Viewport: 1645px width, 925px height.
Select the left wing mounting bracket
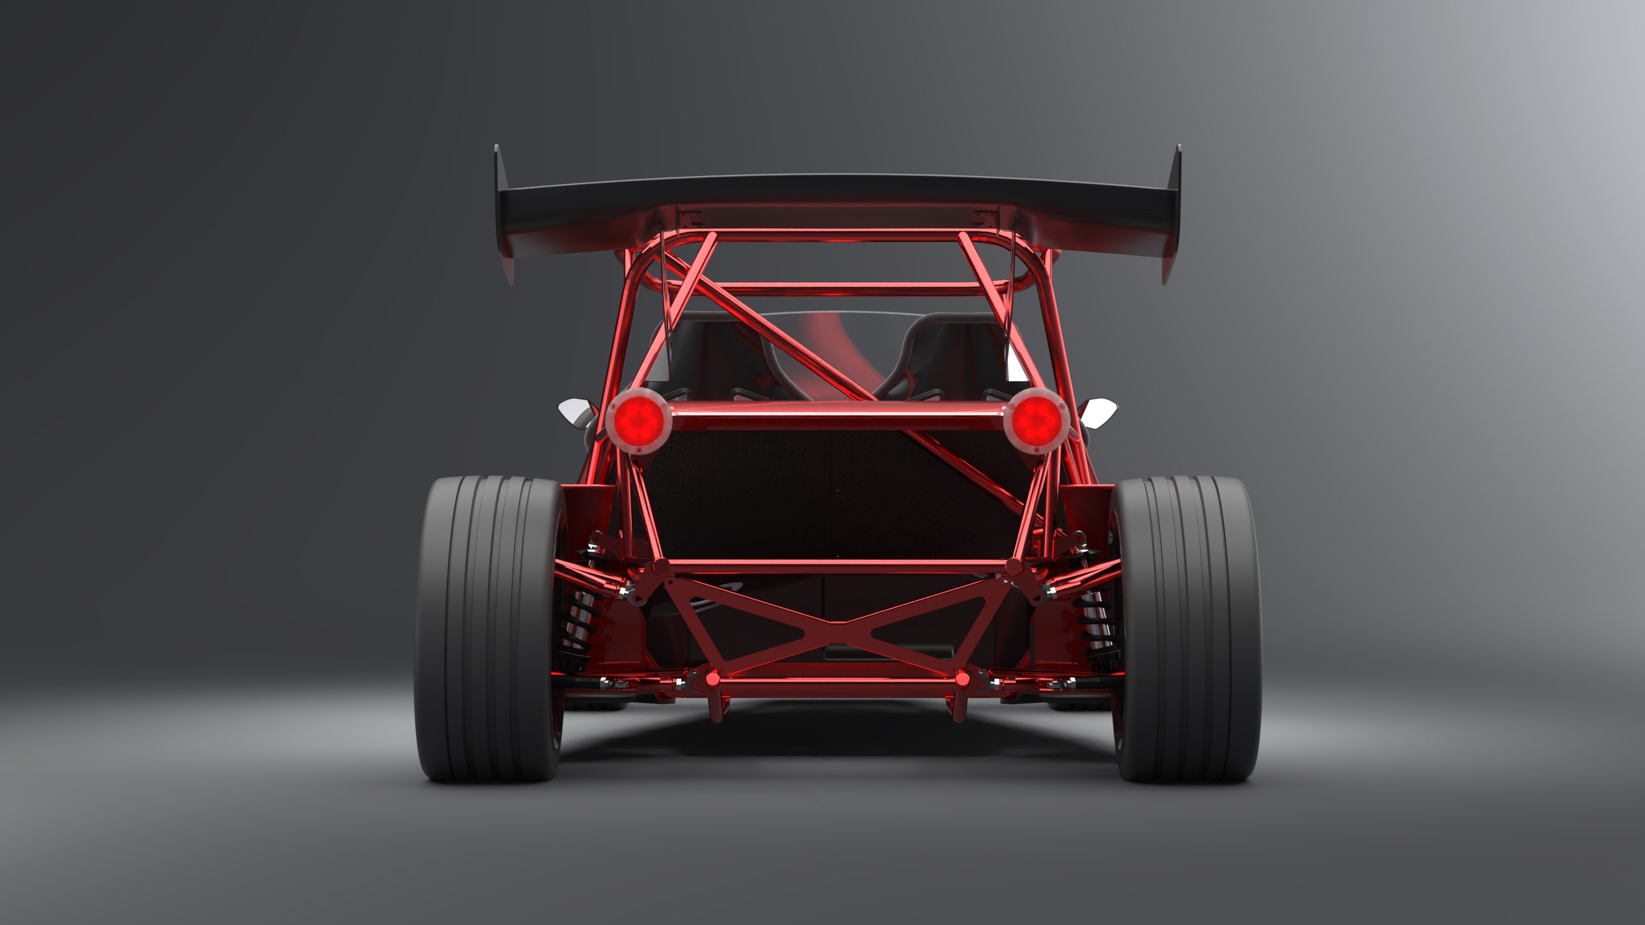(x=690, y=219)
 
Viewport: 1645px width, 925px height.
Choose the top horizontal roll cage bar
(x=837, y=236)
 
